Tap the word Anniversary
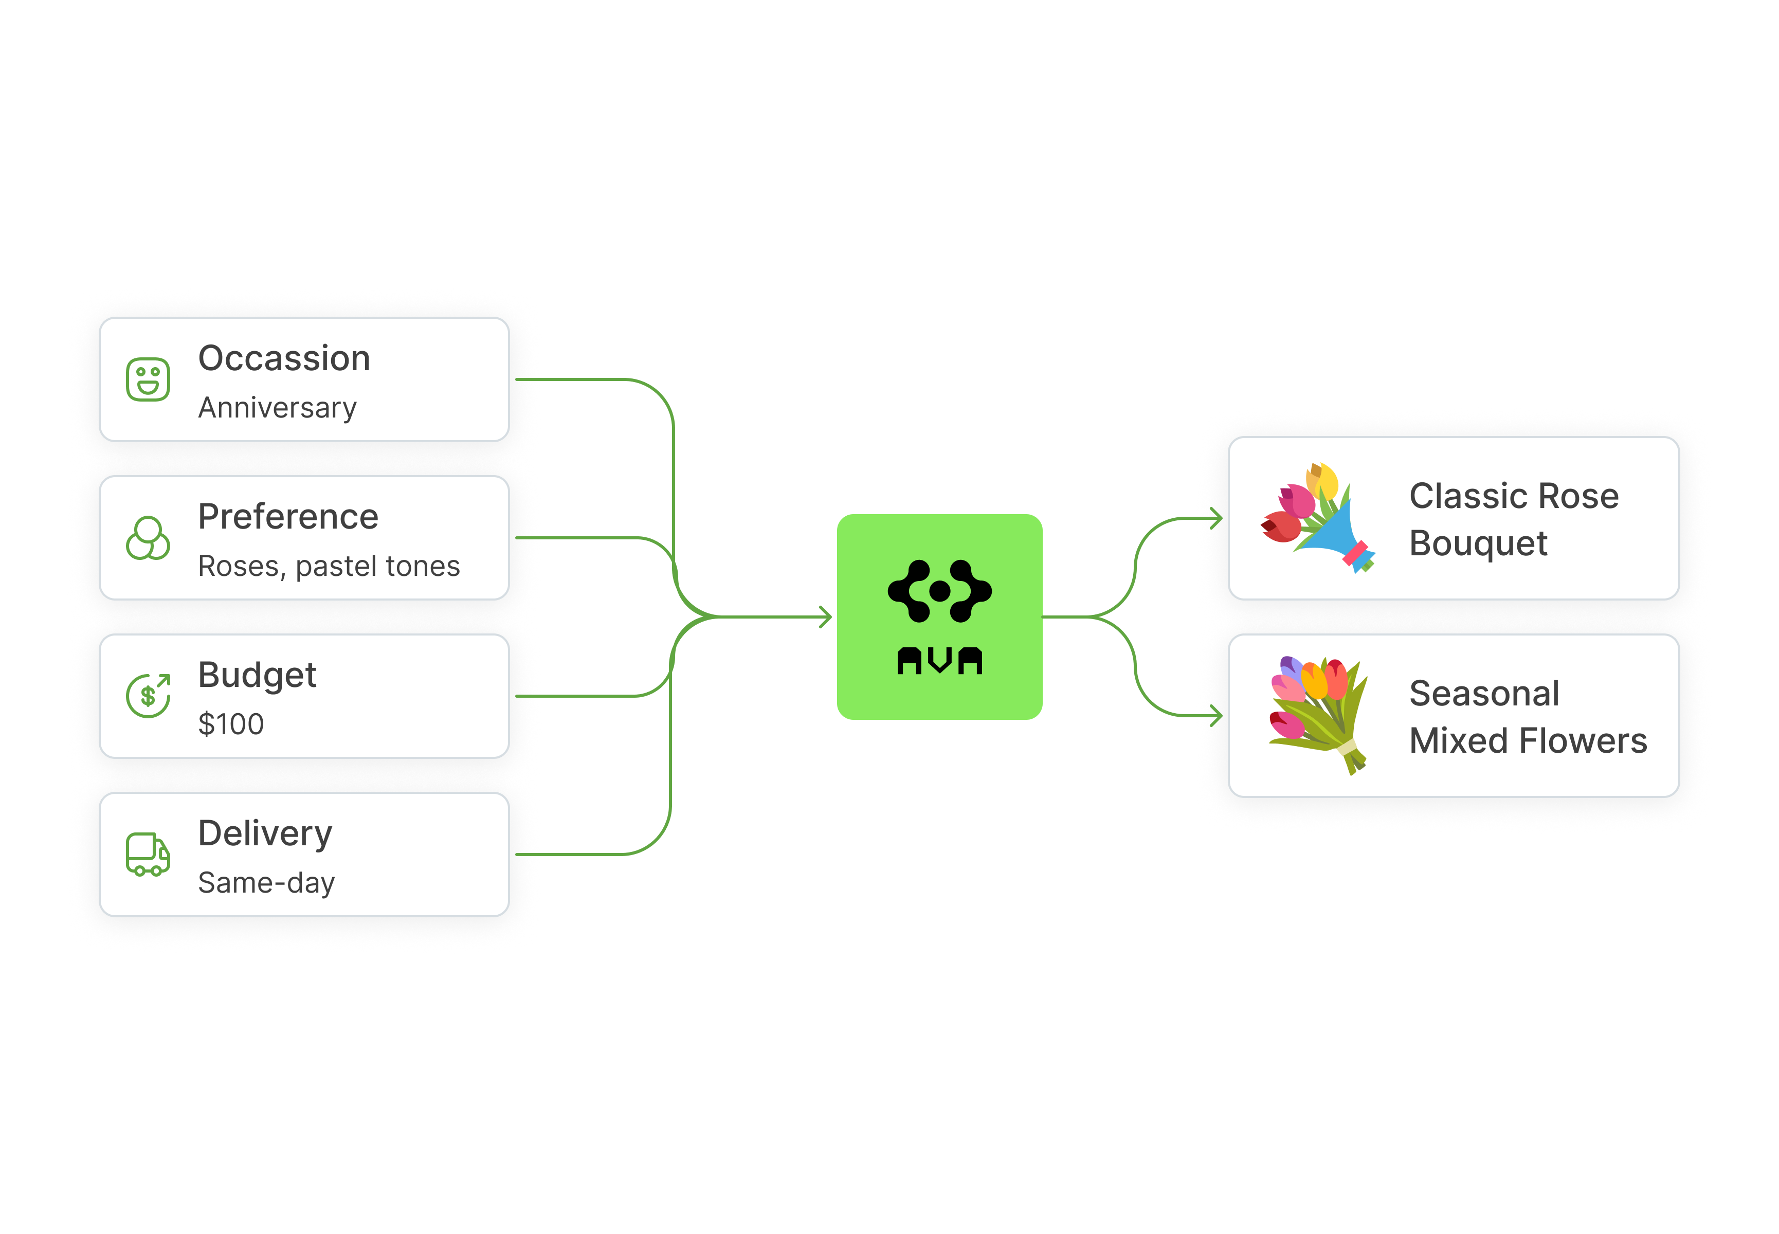click(277, 407)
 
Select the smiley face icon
click(148, 379)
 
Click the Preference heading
click(287, 517)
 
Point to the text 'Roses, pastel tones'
click(329, 566)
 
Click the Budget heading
click(257, 675)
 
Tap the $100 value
click(230, 724)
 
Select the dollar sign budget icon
click(148, 696)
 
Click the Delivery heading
click(264, 833)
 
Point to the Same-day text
click(266, 883)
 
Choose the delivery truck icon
click(148, 855)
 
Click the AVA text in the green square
click(939, 661)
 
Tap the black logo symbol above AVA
click(939, 591)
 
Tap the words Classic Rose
click(1513, 496)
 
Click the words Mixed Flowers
click(1528, 741)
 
